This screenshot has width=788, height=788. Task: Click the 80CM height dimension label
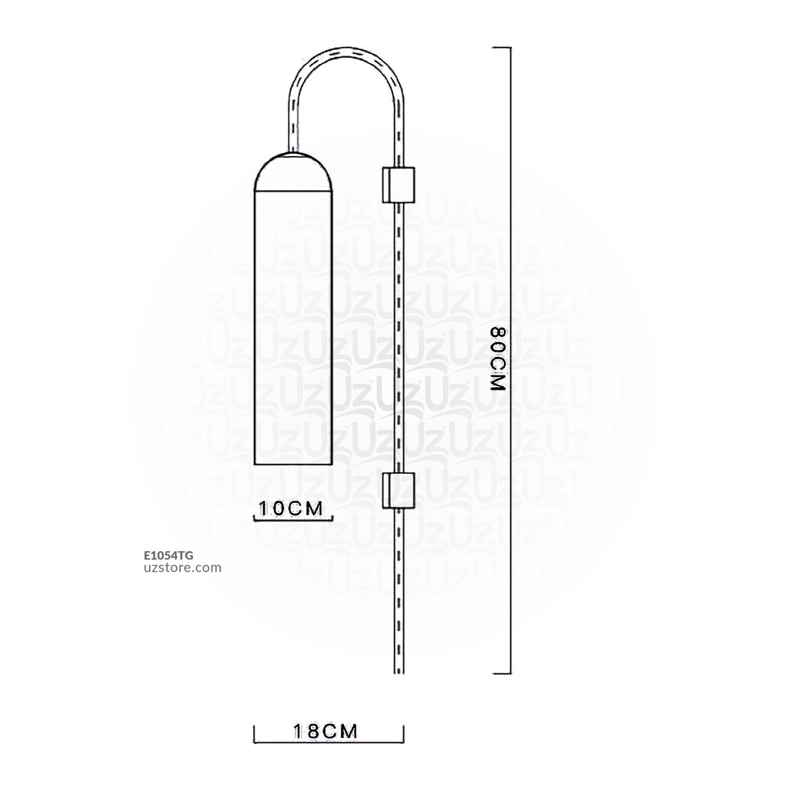tap(498, 360)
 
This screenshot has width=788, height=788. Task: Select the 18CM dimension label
tap(326, 732)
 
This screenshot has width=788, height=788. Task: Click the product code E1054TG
tap(169, 554)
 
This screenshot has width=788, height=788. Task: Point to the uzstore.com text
tap(183, 568)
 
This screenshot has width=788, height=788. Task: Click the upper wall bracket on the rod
tap(398, 184)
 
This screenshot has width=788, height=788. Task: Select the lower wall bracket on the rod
tap(398, 490)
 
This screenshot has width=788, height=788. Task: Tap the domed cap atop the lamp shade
tap(292, 172)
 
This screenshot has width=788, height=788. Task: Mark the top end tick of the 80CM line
tap(501, 48)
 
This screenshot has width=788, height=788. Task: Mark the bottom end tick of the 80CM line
tap(501, 674)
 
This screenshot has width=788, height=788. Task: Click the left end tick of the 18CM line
tap(255, 733)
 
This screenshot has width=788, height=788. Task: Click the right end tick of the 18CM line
tap(404, 733)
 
